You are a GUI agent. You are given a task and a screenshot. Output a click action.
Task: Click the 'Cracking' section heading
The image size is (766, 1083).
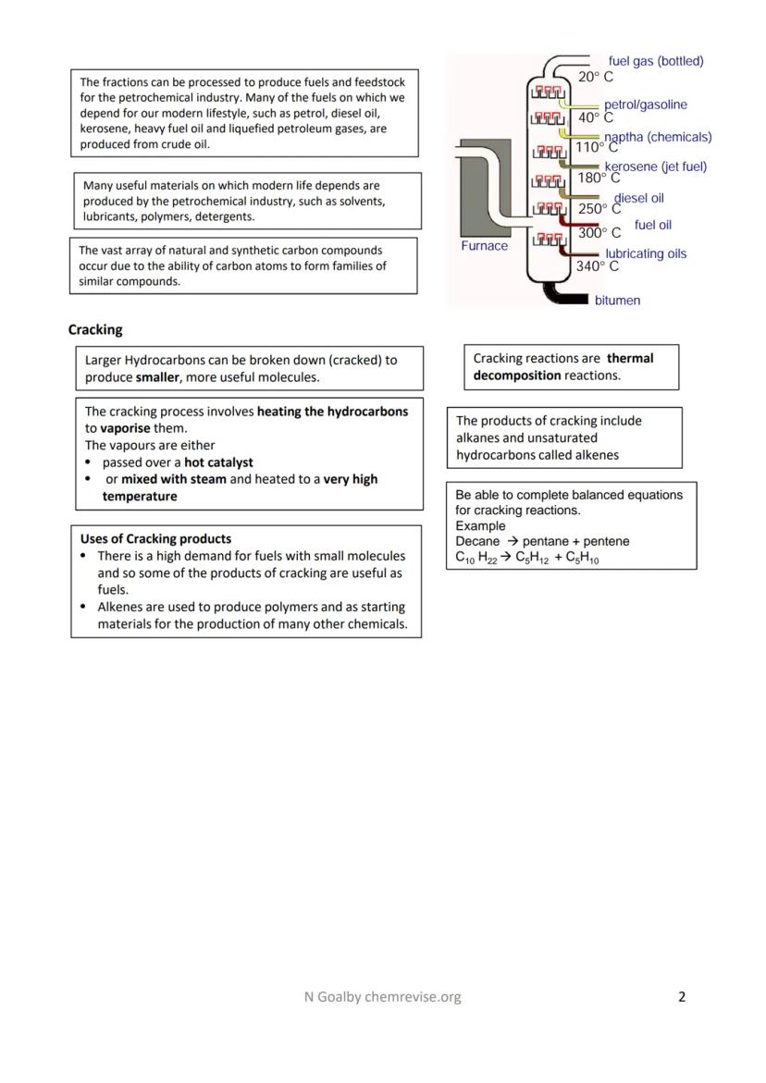95,329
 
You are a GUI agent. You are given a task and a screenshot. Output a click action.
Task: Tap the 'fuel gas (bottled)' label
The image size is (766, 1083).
656,61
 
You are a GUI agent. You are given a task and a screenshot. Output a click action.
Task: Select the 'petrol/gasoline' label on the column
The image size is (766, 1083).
646,105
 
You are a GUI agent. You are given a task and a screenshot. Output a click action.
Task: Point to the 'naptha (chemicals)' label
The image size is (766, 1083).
658,137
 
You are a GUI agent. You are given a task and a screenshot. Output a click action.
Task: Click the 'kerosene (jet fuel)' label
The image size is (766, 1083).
655,166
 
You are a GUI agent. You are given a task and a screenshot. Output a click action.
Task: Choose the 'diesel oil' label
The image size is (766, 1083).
638,198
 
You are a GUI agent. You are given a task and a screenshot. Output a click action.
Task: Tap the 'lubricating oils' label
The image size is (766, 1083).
646,253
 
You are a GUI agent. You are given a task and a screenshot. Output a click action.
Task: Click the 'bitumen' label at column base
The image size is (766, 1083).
617,301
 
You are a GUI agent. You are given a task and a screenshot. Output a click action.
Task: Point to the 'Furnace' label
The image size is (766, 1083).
484,246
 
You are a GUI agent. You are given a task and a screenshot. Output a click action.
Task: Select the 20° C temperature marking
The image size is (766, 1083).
595,77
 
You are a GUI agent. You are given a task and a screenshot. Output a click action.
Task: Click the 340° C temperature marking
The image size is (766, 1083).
597,266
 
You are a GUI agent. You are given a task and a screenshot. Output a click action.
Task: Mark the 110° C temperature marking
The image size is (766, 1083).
597,147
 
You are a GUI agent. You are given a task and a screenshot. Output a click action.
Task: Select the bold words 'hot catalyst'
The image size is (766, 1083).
218,462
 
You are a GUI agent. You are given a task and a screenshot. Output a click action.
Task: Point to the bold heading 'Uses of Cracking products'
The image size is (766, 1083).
155,538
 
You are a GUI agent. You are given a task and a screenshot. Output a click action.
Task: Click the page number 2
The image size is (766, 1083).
682,996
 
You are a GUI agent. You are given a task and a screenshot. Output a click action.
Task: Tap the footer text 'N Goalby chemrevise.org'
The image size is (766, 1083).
382,996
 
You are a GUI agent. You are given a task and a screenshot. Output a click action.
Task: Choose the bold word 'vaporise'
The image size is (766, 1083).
125,428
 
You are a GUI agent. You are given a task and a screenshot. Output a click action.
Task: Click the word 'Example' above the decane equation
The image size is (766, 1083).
480,525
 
